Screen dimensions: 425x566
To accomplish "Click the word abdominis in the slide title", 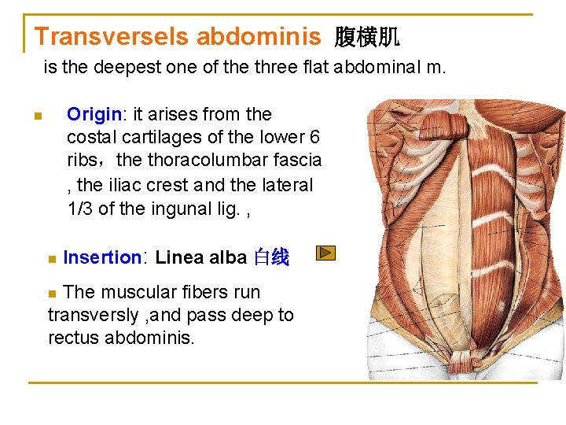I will point(259,36).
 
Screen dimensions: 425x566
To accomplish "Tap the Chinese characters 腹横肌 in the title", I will point(367,36).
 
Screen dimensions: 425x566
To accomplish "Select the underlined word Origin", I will point(94,115).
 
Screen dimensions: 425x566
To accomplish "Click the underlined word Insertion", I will point(101,257).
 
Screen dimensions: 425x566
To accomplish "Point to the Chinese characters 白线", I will point(271,257).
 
